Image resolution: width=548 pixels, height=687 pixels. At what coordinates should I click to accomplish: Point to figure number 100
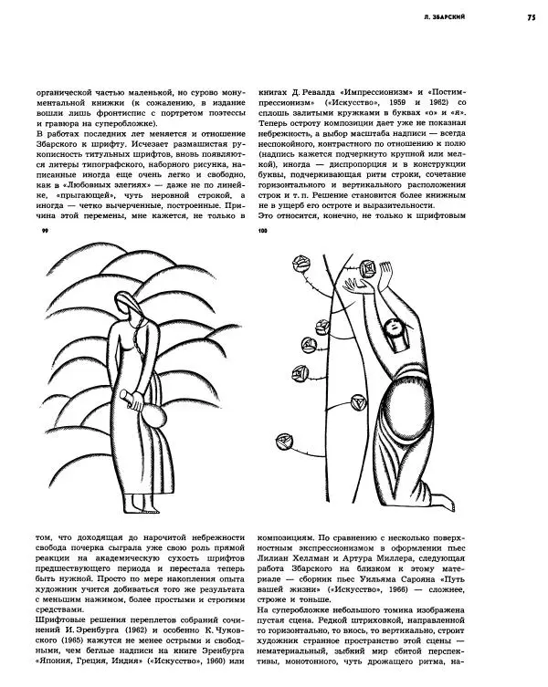click(264, 232)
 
